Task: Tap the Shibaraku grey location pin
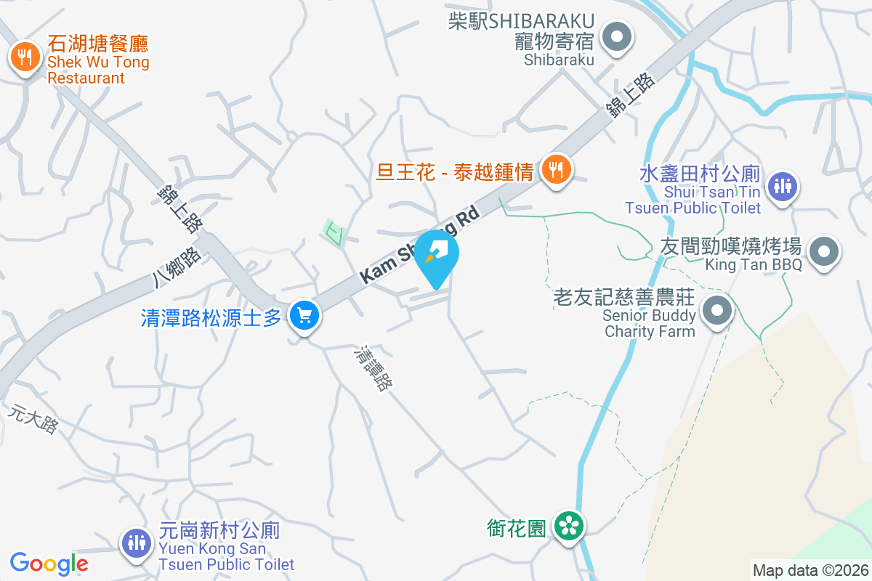(617, 37)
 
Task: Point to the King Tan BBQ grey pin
(823, 252)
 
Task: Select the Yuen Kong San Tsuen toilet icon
(135, 542)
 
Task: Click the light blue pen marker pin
(436, 255)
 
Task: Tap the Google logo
(49, 563)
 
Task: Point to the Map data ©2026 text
(810, 570)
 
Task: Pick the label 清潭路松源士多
(211, 317)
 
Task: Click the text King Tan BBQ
(754, 264)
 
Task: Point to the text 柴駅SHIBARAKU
(521, 21)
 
